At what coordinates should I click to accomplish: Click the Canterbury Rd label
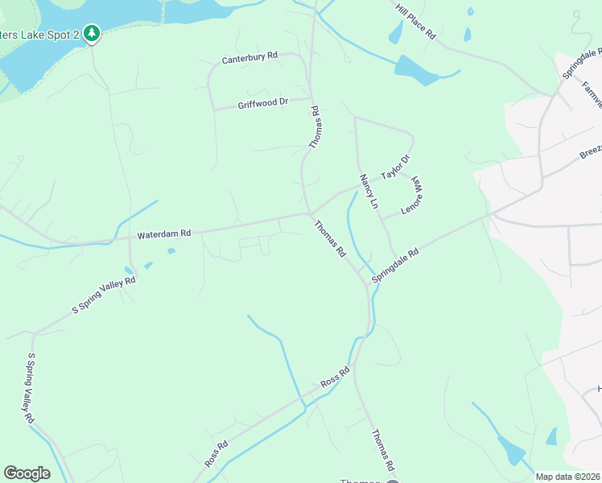pos(250,57)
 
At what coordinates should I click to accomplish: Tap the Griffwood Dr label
pos(262,104)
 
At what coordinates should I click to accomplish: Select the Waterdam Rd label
pos(163,234)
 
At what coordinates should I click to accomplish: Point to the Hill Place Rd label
pos(415,21)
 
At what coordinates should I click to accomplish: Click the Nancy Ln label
pos(369,192)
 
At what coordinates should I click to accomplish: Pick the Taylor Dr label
pos(396,168)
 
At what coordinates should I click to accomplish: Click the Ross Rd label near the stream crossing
pos(335,375)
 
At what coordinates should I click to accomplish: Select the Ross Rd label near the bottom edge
pos(216,454)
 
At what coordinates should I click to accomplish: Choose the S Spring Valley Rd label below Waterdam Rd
pos(105,295)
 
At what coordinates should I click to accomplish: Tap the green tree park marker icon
pos(92,33)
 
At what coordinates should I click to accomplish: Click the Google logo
pos(27,473)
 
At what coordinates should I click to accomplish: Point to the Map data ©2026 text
pos(568,477)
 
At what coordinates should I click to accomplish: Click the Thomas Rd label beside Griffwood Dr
pos(316,126)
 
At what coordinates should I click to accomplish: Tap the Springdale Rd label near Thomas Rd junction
pos(395,266)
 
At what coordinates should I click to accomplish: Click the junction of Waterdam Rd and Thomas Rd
pos(309,213)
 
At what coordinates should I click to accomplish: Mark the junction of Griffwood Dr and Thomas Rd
pos(310,99)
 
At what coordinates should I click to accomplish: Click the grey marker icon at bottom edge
pos(393,480)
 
